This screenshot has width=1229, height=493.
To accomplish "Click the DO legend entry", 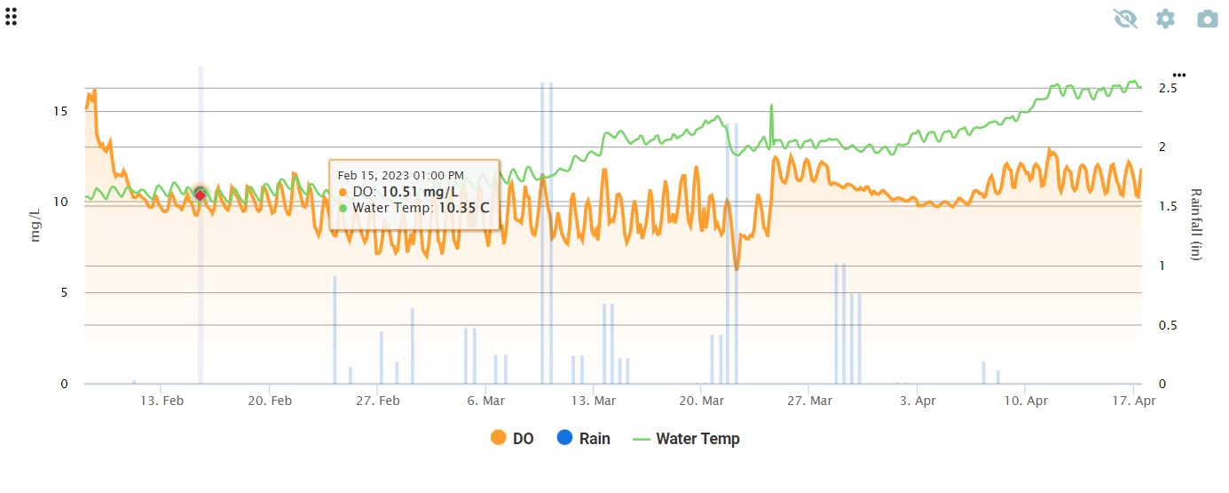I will [x=512, y=438].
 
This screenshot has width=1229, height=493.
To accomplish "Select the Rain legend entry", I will [x=583, y=438].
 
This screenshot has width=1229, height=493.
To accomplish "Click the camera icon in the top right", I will [x=1207, y=19].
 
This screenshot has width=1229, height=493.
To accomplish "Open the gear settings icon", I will [x=1165, y=19].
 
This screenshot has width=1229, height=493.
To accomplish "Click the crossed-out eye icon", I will [x=1125, y=19].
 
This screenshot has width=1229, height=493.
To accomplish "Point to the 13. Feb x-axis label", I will [x=162, y=402].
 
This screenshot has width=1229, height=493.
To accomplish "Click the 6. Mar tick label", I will [x=485, y=402].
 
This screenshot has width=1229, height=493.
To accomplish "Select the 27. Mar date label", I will [x=809, y=402].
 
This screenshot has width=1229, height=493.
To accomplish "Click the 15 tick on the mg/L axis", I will [x=60, y=111].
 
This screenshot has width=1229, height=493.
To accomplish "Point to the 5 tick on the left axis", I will [x=64, y=293].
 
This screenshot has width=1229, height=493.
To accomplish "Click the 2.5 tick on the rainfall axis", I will [x=1168, y=89].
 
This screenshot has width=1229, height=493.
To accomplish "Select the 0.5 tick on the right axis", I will [x=1168, y=325].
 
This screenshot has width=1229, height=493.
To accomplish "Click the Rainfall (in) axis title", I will [x=1195, y=224].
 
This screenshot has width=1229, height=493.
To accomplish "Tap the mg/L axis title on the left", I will [x=35, y=226].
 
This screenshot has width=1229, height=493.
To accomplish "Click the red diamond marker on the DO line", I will [x=201, y=195].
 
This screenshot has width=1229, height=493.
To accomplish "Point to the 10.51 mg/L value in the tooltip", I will [x=420, y=192].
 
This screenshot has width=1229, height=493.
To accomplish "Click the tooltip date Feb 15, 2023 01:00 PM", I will [x=400, y=175].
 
